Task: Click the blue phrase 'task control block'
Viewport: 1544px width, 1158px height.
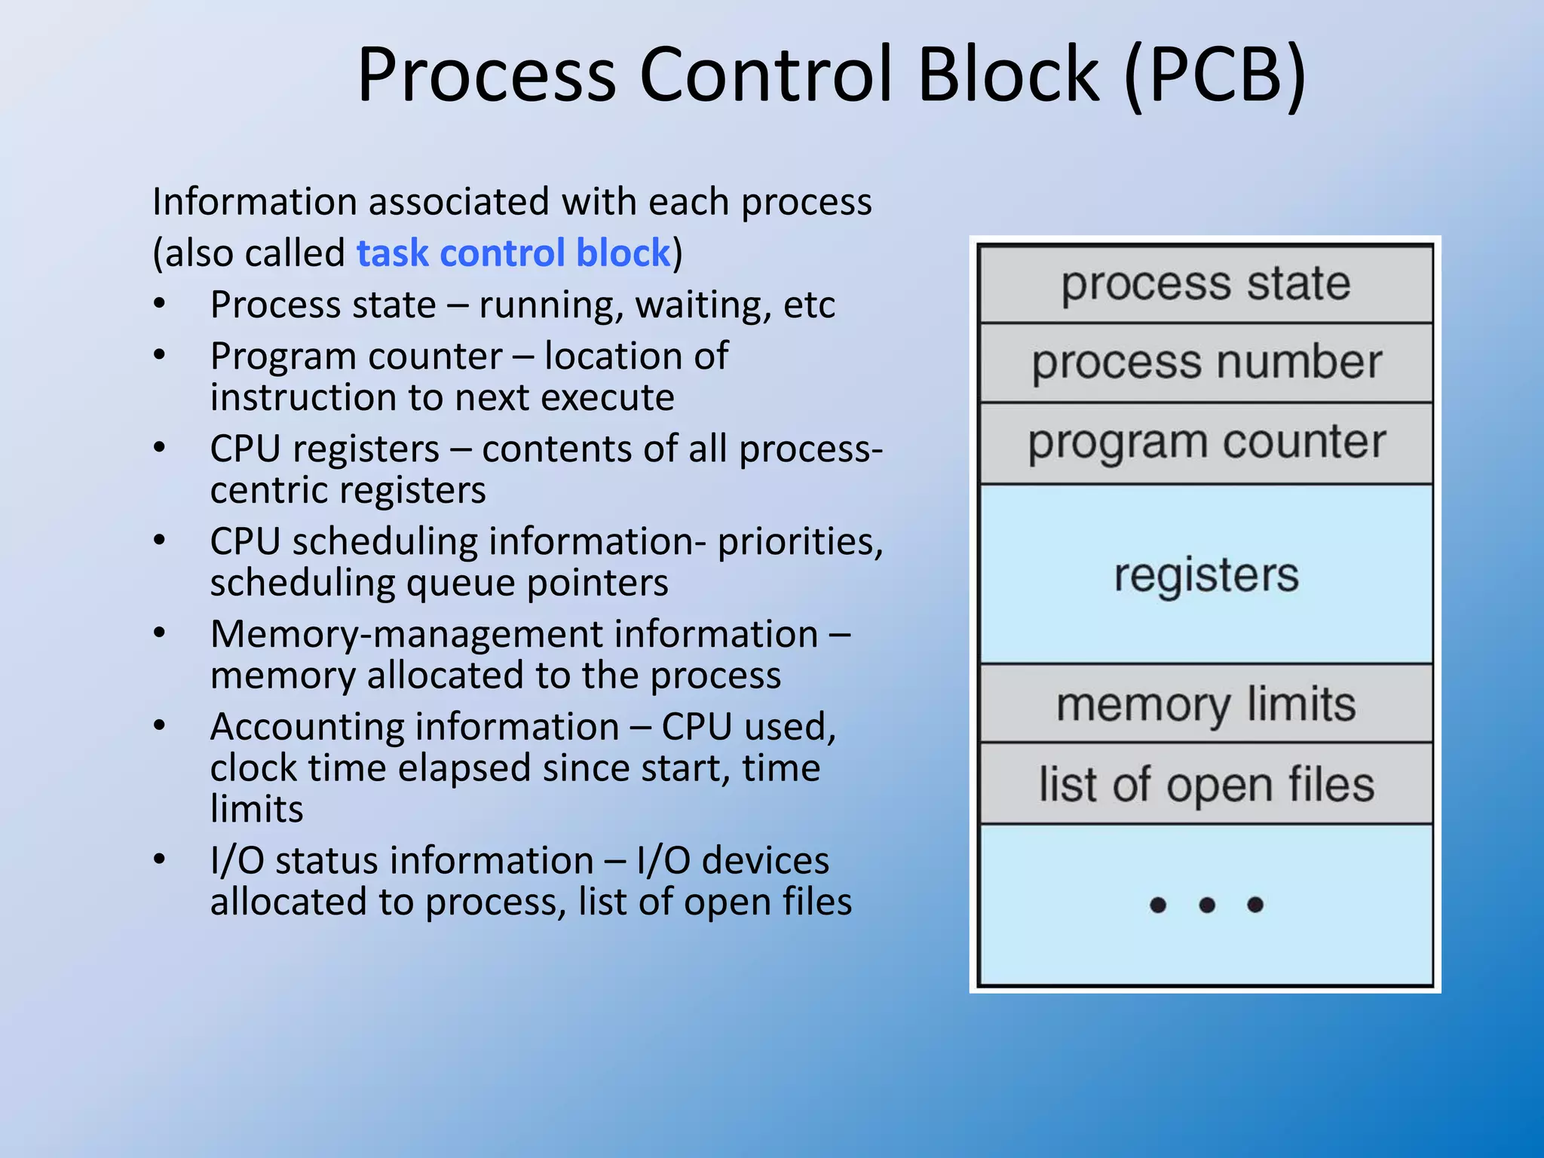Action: point(513,253)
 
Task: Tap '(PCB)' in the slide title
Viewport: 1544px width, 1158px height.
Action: point(1214,75)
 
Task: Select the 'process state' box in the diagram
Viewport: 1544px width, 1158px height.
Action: point(1205,284)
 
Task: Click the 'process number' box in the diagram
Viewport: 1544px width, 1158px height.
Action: point(1205,363)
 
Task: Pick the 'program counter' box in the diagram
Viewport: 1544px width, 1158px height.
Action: point(1205,443)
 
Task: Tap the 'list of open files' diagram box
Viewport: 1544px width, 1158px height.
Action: point(1205,785)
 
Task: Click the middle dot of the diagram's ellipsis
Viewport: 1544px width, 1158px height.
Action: point(1206,905)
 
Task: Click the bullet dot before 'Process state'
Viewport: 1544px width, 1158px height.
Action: point(159,304)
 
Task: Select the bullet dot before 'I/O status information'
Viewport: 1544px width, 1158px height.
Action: point(159,859)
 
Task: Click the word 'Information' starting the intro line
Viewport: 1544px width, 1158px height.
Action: point(254,202)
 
